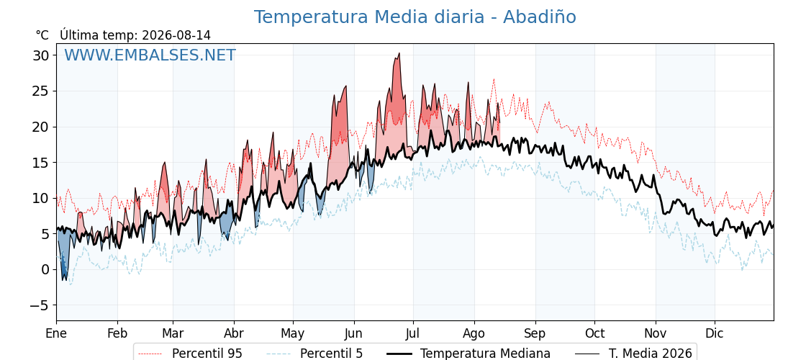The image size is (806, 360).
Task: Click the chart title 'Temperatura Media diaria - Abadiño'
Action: click(415, 17)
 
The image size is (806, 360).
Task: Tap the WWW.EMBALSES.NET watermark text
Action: click(150, 55)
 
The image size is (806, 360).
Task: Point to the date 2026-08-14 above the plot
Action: click(176, 35)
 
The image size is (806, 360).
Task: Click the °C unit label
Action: click(42, 35)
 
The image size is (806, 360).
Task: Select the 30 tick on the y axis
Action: click(41, 55)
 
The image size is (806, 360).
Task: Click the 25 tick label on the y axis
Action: click(41, 91)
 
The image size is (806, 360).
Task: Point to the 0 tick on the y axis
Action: click(46, 269)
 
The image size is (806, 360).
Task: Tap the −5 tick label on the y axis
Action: click(39, 305)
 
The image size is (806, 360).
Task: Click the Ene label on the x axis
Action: click(56, 333)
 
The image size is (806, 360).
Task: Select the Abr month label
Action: click(234, 333)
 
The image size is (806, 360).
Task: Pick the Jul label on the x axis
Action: click(413, 333)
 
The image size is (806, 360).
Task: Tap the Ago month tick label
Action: click(474, 334)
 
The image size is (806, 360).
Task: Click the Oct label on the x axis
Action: click(594, 333)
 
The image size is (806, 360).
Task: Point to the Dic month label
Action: click(715, 333)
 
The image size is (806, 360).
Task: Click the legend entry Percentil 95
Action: click(190, 353)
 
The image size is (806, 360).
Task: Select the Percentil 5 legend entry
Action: click(314, 353)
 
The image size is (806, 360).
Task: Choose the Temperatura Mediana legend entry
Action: click(468, 353)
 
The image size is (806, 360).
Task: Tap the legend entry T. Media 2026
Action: click(633, 353)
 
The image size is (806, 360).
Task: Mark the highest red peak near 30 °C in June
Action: click(399, 53)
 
